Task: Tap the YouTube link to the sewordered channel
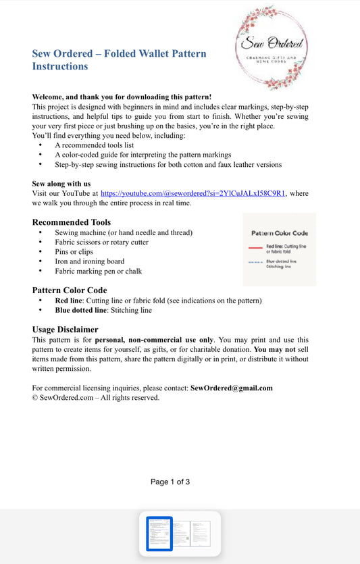coord(192,193)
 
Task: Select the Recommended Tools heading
coord(72,222)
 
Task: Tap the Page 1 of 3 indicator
coord(170,482)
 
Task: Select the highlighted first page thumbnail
coord(159,534)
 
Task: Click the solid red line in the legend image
coord(255,248)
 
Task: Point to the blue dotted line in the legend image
coord(255,261)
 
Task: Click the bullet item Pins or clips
coord(74,252)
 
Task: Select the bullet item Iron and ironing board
coord(89,261)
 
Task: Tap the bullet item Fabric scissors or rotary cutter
coord(101,242)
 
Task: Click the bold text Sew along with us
coord(61,184)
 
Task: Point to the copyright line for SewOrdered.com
coord(95,398)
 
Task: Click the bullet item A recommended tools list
coord(94,145)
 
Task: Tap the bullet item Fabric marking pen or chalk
coord(98,271)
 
